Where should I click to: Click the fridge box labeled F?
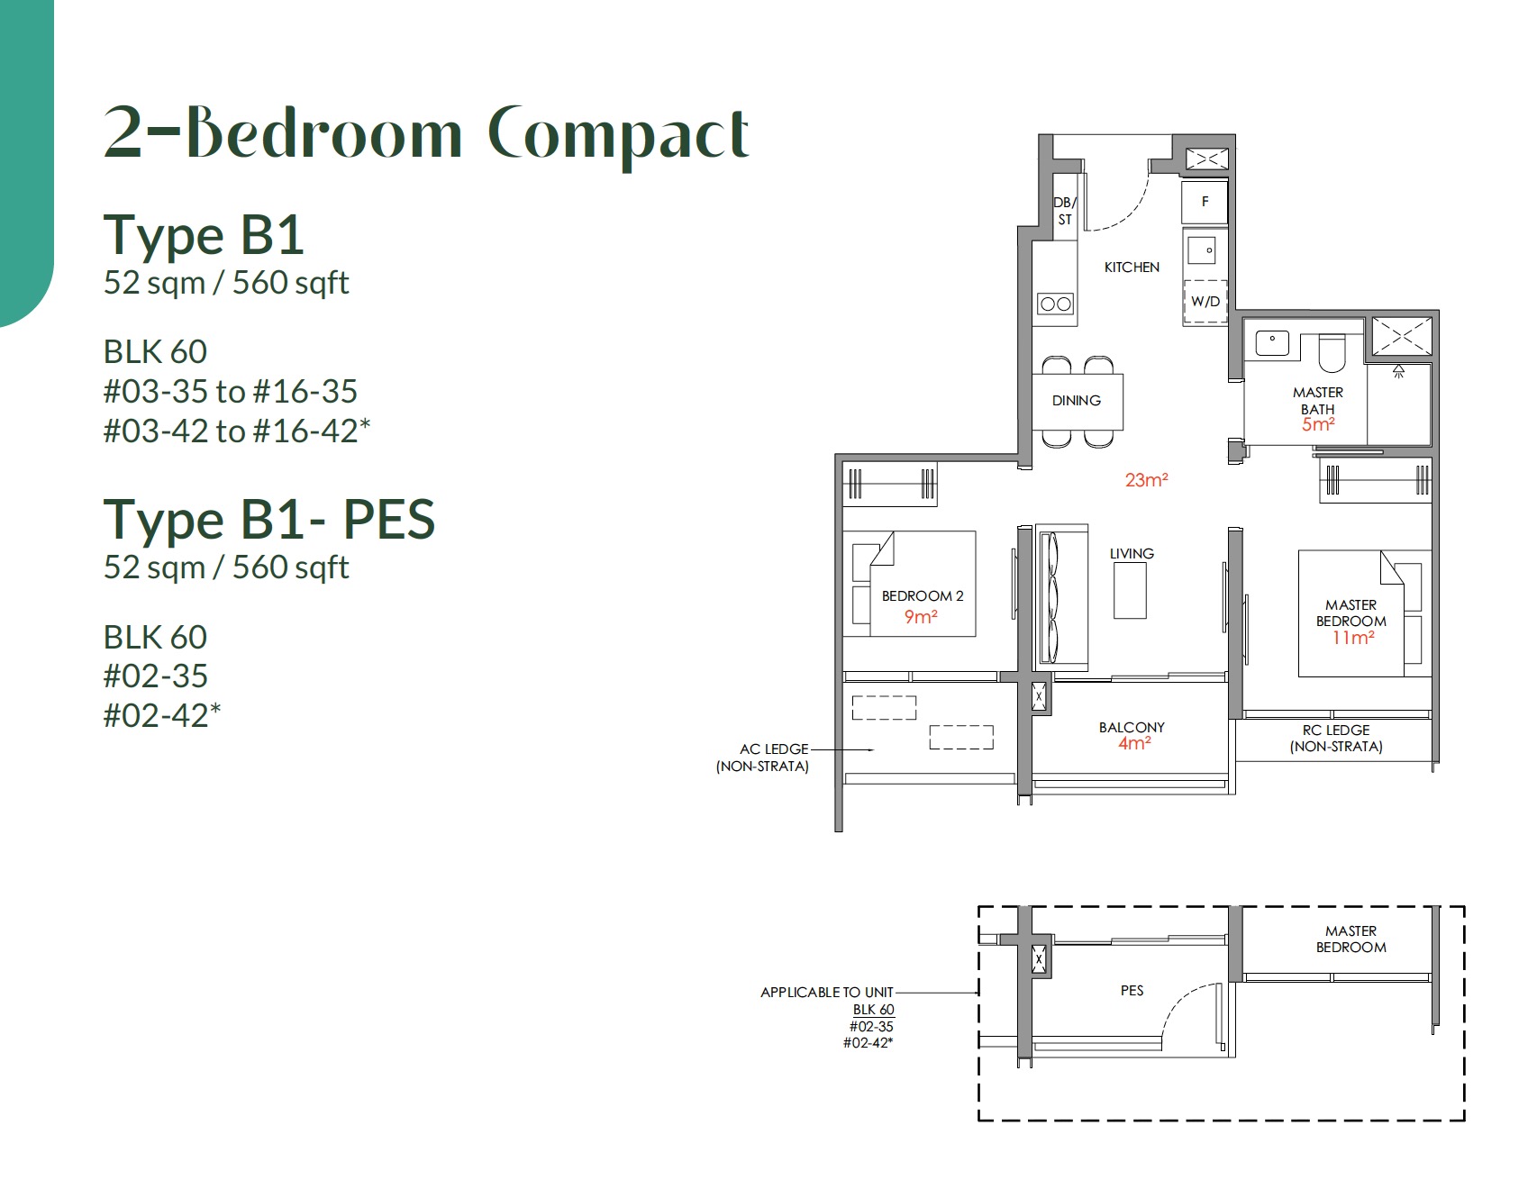pos(1205,202)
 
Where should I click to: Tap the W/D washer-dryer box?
pos(1205,302)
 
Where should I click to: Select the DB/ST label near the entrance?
pos(1065,212)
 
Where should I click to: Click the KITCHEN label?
pos(1132,267)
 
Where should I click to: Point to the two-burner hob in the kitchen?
pos(1055,304)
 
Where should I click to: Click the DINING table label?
pos(1077,400)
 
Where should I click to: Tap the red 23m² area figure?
pos(1146,480)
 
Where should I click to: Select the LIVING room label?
pos(1132,553)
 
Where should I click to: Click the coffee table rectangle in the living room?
pos(1130,591)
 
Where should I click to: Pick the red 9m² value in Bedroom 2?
pos(921,617)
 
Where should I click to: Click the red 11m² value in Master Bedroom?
pos(1353,638)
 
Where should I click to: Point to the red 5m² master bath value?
pos(1317,424)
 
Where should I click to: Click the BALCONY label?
pos(1132,727)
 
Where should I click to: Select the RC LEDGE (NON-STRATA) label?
pos(1335,738)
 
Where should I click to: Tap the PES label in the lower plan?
pos(1132,990)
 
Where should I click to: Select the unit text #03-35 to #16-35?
pos(231,391)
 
